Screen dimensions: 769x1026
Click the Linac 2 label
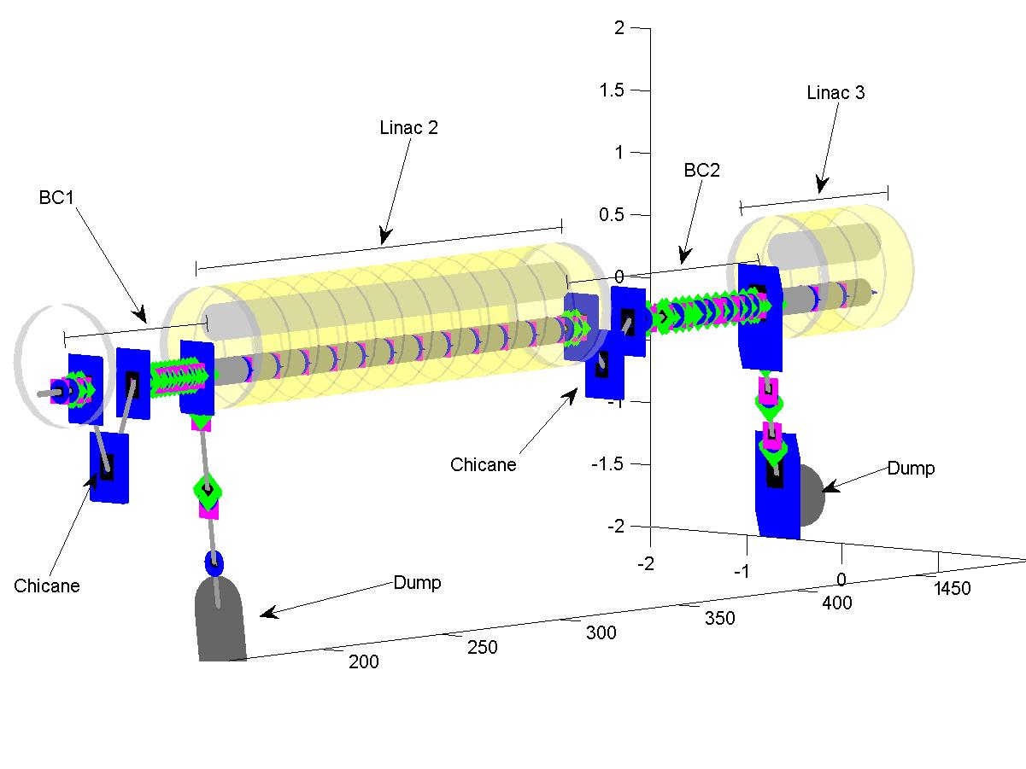407,128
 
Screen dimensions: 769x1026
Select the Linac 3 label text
835,93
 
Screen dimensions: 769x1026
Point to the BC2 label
701,170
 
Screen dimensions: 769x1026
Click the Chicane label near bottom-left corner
46,585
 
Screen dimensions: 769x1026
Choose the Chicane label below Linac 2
483,464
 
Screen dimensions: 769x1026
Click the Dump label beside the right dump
910,469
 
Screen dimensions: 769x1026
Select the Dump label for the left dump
417,583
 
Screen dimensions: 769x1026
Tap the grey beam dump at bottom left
220,619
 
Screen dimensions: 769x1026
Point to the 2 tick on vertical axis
619,28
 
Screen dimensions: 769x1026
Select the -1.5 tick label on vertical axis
607,464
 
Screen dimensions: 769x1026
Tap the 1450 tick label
952,589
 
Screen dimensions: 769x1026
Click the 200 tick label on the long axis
363,661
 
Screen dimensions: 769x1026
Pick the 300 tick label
600,632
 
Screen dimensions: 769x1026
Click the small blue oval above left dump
213,562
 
